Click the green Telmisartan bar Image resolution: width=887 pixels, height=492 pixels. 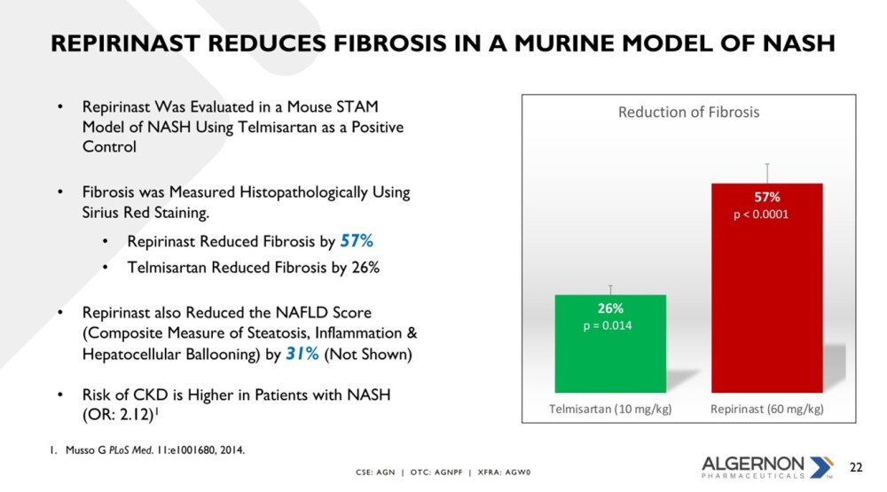tap(610, 343)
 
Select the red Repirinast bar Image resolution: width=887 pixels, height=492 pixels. tap(767, 288)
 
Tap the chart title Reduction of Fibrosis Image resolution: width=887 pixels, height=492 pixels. tap(688, 112)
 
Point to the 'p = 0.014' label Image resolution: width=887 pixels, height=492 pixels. tap(608, 325)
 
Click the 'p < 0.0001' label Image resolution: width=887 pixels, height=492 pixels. tap(761, 215)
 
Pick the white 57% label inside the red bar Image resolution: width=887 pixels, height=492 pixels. tap(767, 197)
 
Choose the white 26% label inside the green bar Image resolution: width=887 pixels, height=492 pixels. tap(610, 308)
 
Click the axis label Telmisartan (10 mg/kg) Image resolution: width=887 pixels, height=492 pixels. tap(610, 409)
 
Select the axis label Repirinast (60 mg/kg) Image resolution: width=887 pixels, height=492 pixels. tap(767, 409)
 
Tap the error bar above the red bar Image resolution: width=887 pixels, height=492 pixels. tap(767, 173)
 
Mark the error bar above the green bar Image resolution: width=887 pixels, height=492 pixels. tap(610, 290)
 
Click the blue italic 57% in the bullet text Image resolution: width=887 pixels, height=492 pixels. tap(357, 241)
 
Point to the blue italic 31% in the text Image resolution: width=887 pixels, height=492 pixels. tap(302, 354)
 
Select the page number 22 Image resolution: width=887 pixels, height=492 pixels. tap(856, 467)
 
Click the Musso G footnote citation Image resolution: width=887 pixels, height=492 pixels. tap(147, 450)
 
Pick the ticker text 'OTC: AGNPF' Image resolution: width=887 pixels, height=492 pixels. tap(436, 472)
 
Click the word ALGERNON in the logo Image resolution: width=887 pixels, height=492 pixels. tap(752, 465)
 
